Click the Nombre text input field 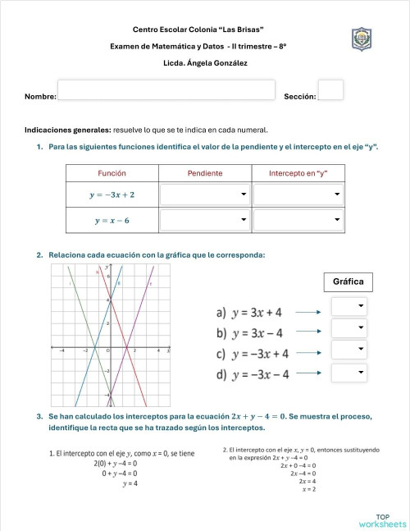166,89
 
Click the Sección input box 330,89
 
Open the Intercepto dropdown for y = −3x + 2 297,195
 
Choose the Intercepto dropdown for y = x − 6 297,220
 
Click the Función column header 112,173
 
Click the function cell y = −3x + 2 112,195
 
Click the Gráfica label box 348,282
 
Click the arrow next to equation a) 308,312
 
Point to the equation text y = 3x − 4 257,333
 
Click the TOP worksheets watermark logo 382,520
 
